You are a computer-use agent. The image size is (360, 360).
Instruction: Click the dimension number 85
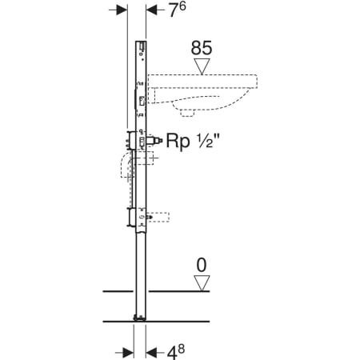pos(202,48)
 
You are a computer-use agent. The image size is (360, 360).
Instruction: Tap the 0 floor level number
pos(202,266)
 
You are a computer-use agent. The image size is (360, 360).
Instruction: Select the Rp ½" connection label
pos(193,141)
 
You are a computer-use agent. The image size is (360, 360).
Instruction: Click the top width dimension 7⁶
pos(178,10)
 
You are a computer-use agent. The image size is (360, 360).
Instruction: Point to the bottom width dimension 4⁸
pos(176,351)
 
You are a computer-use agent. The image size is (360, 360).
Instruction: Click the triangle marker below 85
pos(202,66)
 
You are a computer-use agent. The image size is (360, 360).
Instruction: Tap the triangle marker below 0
pos(202,283)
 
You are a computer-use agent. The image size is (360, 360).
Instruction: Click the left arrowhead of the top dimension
pos(121,10)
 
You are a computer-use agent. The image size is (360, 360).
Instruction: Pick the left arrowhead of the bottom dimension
pos(127,353)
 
